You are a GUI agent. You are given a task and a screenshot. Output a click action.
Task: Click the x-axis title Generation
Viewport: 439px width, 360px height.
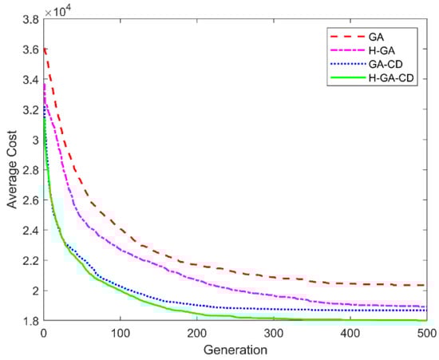(233, 349)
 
